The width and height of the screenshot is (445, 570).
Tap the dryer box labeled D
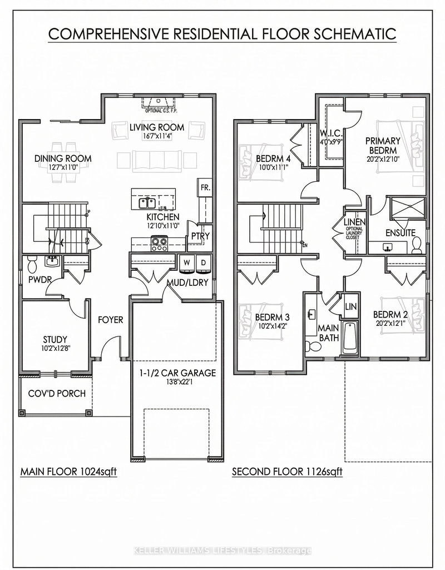pos(204,262)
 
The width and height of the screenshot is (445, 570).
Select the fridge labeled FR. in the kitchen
pos(204,188)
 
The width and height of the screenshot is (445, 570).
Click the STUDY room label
pos(55,339)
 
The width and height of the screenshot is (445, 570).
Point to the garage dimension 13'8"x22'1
pos(177,383)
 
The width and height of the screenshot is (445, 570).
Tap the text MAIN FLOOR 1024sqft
pos(68,472)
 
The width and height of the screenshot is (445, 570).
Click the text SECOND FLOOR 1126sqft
pos(287,472)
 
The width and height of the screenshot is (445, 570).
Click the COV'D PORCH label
pos(57,394)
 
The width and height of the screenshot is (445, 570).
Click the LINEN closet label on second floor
pos(354,223)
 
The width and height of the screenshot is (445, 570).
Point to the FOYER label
pos(111,320)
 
